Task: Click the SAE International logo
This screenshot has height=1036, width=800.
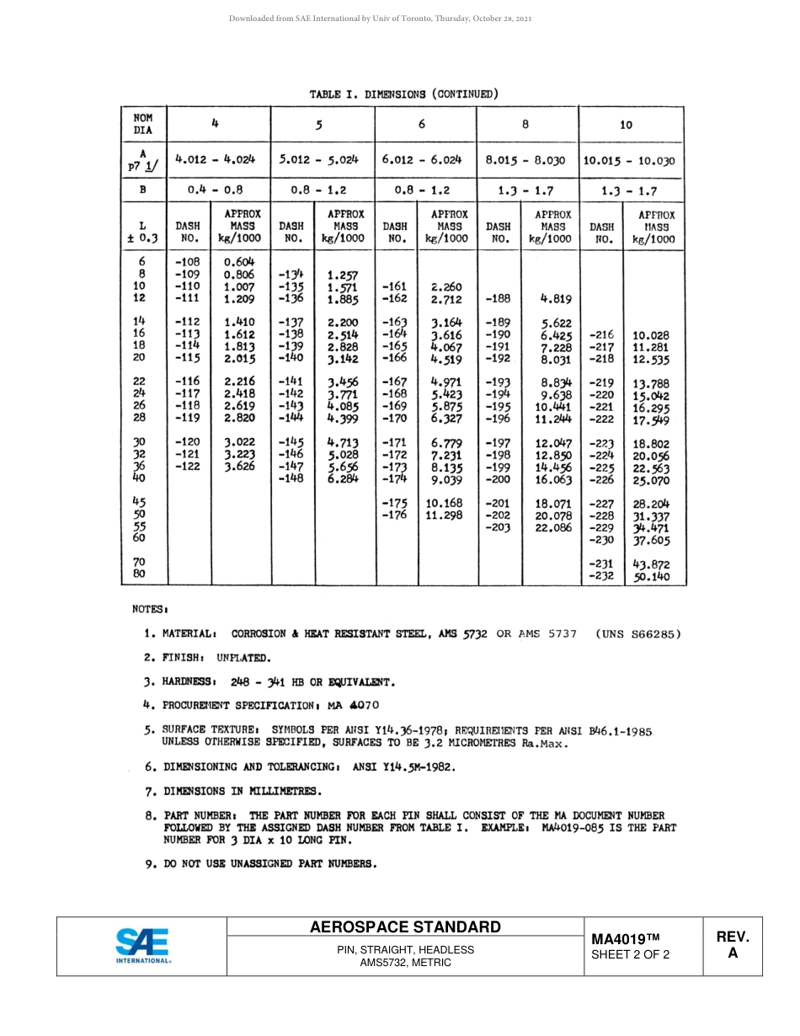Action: (x=142, y=946)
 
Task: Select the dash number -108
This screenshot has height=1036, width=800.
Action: (x=187, y=262)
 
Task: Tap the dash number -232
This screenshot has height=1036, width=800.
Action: (x=600, y=577)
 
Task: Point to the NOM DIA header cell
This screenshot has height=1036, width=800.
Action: (x=142, y=124)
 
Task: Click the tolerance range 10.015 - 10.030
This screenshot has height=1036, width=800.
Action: (x=632, y=160)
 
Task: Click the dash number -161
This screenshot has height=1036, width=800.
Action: (x=395, y=286)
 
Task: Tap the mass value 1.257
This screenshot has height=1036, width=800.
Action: (x=343, y=275)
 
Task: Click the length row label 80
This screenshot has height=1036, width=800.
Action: (x=140, y=574)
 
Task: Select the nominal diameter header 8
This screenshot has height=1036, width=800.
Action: (x=525, y=125)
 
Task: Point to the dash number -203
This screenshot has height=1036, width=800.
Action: (x=498, y=527)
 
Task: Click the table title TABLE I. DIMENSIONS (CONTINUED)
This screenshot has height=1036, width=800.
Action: (x=403, y=93)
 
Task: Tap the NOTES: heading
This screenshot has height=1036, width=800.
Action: (x=151, y=608)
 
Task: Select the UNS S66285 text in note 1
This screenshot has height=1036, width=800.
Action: (x=637, y=633)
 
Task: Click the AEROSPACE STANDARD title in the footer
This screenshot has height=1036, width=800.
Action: (x=405, y=927)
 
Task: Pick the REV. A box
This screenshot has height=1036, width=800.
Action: (x=732, y=945)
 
